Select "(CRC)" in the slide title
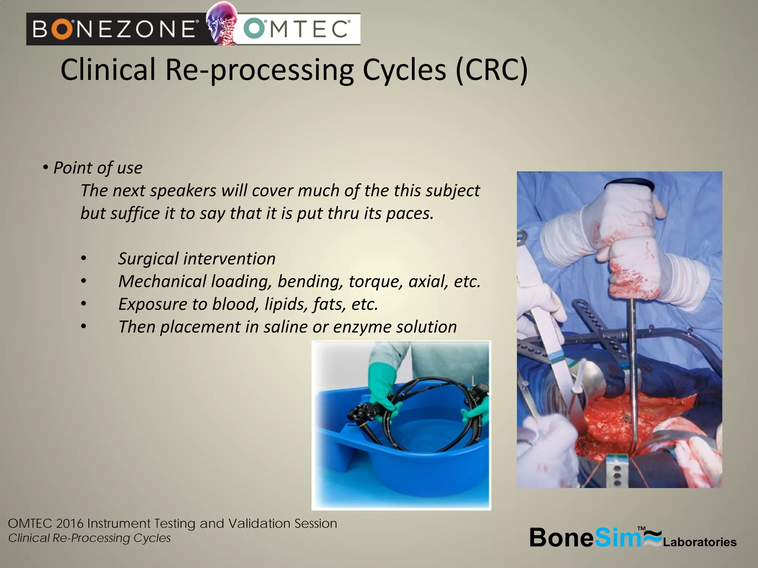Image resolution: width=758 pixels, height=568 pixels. [491, 70]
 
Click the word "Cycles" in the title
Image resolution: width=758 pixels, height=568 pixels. [404, 70]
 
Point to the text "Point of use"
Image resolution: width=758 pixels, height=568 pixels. [98, 168]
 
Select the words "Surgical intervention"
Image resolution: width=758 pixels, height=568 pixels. [197, 258]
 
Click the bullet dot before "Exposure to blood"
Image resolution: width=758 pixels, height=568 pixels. [84, 304]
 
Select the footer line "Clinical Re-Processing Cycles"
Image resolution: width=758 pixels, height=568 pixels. [90, 538]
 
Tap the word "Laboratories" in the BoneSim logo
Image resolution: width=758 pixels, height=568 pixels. [700, 542]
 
